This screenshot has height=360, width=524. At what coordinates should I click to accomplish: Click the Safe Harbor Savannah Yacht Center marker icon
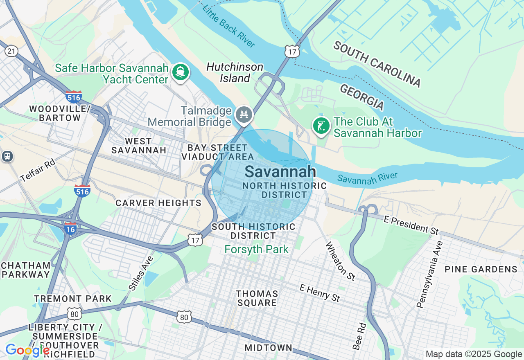tap(181, 72)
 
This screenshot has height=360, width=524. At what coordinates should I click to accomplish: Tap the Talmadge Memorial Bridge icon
tap(244, 114)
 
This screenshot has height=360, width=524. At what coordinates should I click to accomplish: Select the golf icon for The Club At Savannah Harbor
tap(321, 126)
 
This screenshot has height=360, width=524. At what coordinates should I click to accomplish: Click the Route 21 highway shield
tap(11, 51)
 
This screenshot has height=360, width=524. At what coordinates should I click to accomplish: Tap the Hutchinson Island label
tap(235, 72)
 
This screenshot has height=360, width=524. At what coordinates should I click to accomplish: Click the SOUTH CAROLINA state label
tap(377, 64)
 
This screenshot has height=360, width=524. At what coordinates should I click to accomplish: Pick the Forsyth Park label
tap(257, 249)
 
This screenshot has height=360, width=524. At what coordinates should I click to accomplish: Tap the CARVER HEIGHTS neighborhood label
tap(158, 203)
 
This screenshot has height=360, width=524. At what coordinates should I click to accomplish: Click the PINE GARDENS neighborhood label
tap(481, 269)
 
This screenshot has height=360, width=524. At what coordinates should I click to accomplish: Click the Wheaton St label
tap(340, 261)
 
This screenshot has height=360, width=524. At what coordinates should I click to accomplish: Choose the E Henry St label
tap(320, 293)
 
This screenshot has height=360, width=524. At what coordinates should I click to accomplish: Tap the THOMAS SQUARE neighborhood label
tap(257, 298)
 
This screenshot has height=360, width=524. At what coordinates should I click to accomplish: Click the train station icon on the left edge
tap(7, 156)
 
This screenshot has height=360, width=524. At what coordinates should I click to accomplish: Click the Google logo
tap(27, 351)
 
